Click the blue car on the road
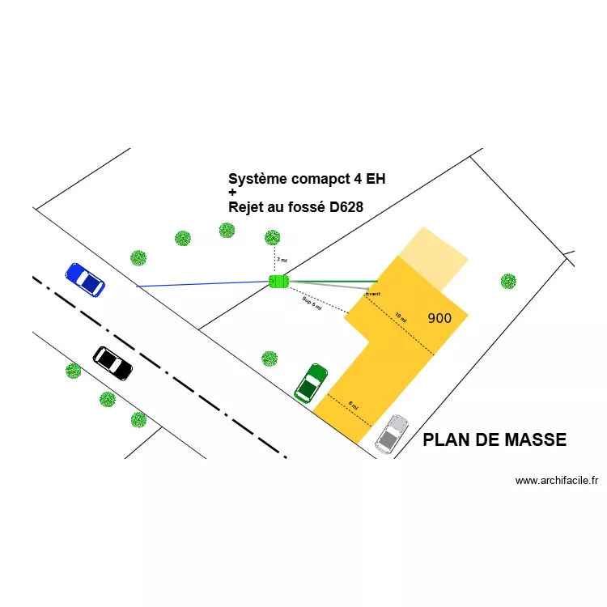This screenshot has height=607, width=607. [85, 278]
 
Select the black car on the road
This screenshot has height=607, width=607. [112, 363]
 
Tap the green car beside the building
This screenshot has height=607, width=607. [311, 383]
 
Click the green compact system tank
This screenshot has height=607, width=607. [278, 281]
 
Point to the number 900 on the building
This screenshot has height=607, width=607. [439, 318]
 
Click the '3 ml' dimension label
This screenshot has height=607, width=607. [281, 260]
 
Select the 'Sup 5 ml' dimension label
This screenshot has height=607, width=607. [312, 303]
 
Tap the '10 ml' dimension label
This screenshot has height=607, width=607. [401, 318]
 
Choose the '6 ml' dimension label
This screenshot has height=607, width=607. [353, 405]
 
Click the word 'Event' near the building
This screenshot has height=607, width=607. [372, 293]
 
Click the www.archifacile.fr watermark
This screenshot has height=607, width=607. [557, 480]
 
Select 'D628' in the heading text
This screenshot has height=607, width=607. [346, 207]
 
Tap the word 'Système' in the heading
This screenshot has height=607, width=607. [257, 179]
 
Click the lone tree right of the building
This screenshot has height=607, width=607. [508, 281]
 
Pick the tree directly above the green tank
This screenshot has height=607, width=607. [273, 237]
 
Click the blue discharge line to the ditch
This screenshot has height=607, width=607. [202, 284]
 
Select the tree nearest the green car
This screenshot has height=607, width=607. [270, 358]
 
